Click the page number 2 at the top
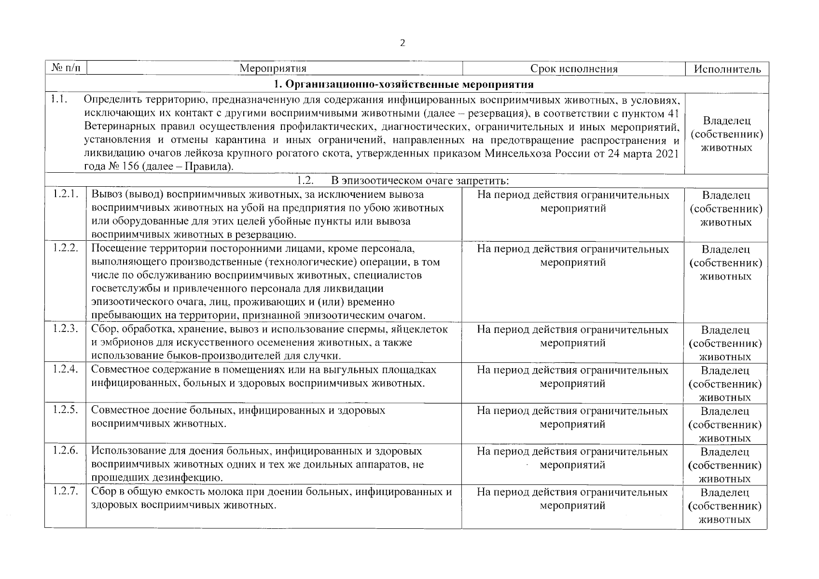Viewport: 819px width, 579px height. (403, 43)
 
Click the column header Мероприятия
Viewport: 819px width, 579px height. (273, 69)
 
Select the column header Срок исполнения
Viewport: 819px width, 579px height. (574, 69)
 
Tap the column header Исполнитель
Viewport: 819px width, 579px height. (727, 69)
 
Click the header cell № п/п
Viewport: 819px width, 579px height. (65, 68)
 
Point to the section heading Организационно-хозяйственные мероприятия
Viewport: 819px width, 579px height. (403, 84)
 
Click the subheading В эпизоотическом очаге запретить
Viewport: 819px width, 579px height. (419, 181)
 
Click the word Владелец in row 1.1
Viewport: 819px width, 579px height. (726, 121)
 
